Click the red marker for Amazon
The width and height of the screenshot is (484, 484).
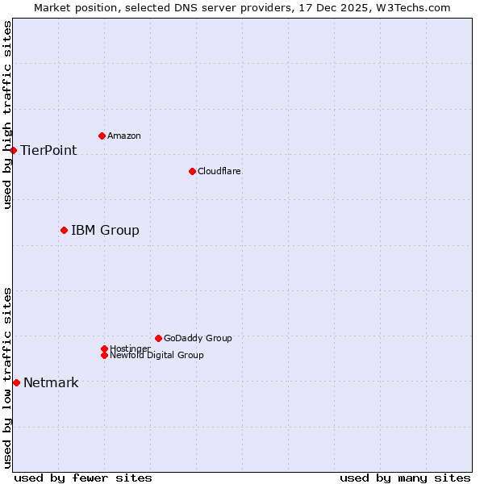(x=102, y=136)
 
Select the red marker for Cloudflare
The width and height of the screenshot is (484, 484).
(x=192, y=171)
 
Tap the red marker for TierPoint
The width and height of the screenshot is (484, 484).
(x=14, y=150)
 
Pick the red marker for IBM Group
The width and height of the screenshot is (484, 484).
(x=64, y=230)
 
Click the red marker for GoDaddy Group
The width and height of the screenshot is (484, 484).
(x=158, y=338)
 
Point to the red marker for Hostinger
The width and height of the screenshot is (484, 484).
(x=104, y=348)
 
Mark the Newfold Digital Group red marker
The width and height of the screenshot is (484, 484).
(x=104, y=355)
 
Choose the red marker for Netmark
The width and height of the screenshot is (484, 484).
(x=16, y=382)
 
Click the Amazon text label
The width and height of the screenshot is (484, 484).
(x=124, y=136)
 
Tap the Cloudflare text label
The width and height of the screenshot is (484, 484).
(x=219, y=171)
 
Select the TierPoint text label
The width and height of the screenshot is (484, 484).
(x=48, y=150)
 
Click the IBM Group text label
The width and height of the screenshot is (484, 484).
(x=105, y=230)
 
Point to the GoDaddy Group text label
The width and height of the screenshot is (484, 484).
(x=198, y=338)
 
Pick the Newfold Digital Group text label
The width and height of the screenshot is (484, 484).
(x=156, y=355)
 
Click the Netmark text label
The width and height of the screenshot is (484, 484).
(x=51, y=382)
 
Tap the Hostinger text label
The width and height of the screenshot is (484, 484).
(x=130, y=348)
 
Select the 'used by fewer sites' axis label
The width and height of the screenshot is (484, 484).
(x=83, y=478)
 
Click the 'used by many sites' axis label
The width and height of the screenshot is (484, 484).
(x=405, y=478)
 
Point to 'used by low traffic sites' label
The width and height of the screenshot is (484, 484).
(x=7, y=378)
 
